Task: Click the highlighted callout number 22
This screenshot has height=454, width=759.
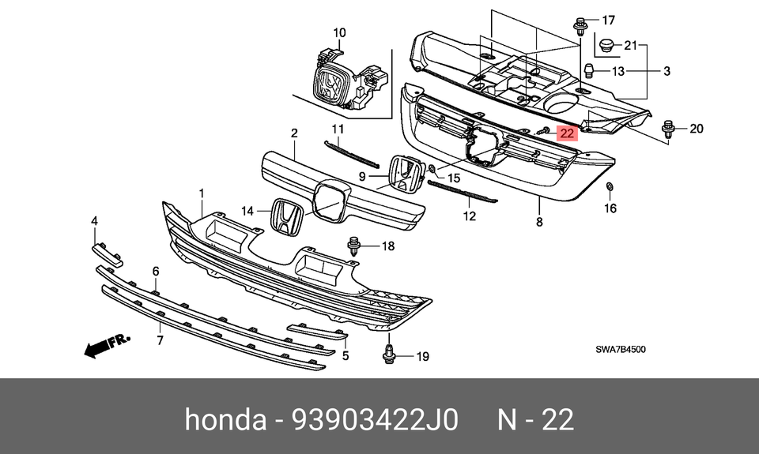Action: [x=567, y=133]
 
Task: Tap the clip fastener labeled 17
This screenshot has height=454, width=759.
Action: [x=580, y=25]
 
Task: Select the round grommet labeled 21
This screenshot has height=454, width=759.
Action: [x=607, y=45]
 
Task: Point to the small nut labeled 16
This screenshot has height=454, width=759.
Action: [x=610, y=187]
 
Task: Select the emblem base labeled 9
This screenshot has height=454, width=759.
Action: [x=404, y=174]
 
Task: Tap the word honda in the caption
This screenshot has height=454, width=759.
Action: [x=225, y=419]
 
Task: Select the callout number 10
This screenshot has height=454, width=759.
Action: [x=339, y=32]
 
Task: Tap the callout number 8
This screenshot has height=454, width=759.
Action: [x=539, y=223]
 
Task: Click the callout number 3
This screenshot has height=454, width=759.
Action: [x=666, y=72]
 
